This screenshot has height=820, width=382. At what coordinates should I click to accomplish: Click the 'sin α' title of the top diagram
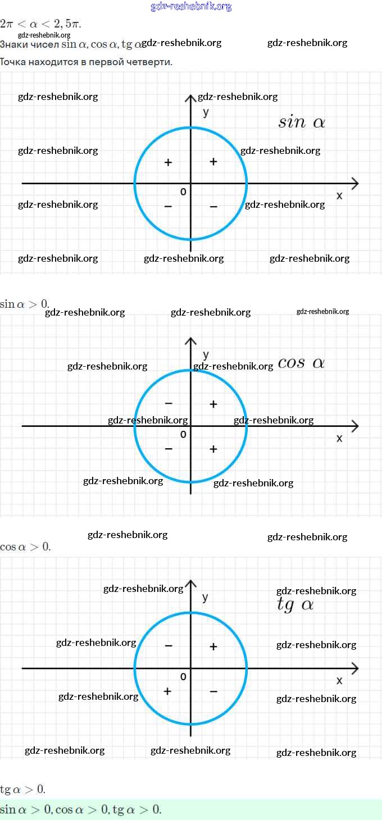click(302, 122)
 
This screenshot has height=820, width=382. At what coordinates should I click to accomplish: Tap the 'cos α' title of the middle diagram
click(301, 363)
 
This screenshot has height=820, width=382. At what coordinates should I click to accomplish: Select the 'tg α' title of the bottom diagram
click(295, 605)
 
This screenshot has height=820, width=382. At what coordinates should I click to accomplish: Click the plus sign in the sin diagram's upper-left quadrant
click(168, 162)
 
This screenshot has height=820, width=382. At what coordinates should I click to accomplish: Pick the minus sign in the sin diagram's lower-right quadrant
click(213, 207)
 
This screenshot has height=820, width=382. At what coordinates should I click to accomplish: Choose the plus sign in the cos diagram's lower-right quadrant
click(213, 449)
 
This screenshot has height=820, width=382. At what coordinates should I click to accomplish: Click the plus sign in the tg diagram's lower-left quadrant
click(167, 691)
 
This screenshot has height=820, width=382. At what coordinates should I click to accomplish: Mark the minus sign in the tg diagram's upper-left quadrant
click(169, 646)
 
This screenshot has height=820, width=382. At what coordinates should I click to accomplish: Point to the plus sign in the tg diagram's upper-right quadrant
click(213, 646)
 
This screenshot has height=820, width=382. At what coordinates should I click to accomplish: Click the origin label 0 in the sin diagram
click(183, 192)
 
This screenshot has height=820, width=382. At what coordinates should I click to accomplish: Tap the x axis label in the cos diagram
click(339, 438)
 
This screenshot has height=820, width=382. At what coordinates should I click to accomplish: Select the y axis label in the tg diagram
click(206, 597)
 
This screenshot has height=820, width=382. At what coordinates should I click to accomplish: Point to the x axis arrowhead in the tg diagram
click(354, 668)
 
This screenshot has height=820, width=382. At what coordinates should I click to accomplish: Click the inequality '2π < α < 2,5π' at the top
click(40, 24)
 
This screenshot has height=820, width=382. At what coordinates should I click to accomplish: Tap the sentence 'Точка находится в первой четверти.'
click(86, 62)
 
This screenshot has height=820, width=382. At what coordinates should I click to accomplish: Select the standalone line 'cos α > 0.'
click(25, 546)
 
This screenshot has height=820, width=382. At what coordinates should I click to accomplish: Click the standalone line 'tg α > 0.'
click(23, 789)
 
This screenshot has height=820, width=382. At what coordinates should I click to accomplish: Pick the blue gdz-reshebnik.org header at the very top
click(191, 7)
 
